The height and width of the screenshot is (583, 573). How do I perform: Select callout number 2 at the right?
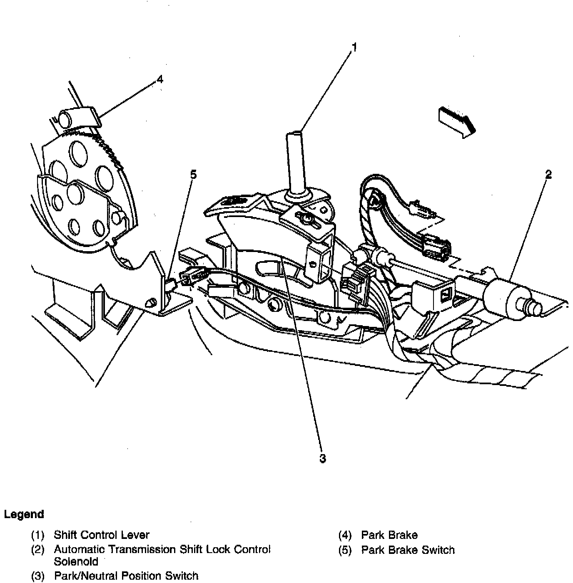pyautogui.click(x=548, y=175)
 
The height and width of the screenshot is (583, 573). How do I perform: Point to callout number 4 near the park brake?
pyautogui.click(x=160, y=79)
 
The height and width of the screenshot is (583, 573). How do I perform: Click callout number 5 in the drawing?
pyautogui.click(x=193, y=175)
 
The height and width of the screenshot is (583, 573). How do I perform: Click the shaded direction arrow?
pyautogui.click(x=456, y=121)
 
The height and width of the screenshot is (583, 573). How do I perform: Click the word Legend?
pyautogui.click(x=24, y=514)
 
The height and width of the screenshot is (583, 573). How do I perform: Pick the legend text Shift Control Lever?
pyautogui.click(x=102, y=535)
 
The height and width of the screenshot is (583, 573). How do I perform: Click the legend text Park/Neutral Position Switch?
pyautogui.click(x=126, y=576)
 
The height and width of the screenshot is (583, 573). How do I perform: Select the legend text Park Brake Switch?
pyautogui.click(x=408, y=550)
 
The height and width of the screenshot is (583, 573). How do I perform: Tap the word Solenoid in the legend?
pyautogui.click(x=76, y=561)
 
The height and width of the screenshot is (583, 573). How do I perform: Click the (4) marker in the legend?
pyautogui.click(x=345, y=535)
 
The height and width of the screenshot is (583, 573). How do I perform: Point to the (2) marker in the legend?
pyautogui.click(x=38, y=550)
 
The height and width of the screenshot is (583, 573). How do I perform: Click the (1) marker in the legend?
pyautogui.click(x=38, y=535)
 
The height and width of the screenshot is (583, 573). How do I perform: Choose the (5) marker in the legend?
pyautogui.click(x=345, y=550)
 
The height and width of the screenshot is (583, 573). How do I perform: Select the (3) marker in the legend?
pyautogui.click(x=38, y=576)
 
